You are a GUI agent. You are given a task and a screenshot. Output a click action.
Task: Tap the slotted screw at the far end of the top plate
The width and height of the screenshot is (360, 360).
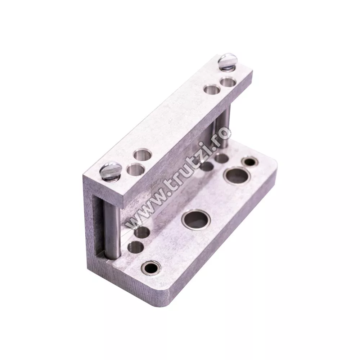click(x=226, y=60)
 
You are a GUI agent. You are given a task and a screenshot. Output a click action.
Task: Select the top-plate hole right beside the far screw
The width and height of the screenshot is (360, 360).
click(x=228, y=82)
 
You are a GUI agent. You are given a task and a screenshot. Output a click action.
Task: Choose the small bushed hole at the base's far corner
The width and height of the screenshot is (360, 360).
click(x=250, y=162)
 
